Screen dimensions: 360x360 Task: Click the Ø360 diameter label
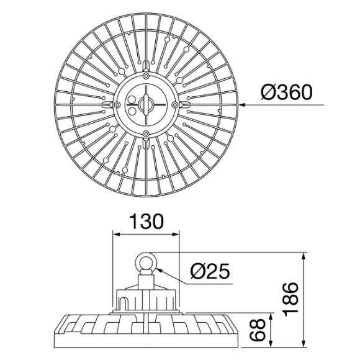click(x=286, y=92)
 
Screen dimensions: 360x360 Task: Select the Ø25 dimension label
click(x=210, y=271)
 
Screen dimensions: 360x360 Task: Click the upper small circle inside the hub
click(x=132, y=100)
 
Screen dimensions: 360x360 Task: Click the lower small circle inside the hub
click(x=132, y=110)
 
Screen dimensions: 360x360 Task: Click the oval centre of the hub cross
click(x=146, y=105)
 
